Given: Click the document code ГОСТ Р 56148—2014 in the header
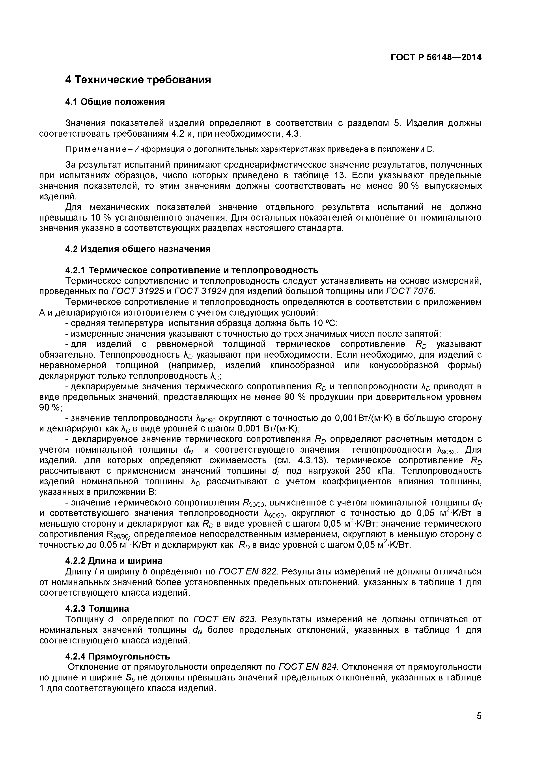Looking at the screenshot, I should pos(436,58).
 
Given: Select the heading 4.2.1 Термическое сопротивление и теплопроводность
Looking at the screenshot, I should pos(191,270).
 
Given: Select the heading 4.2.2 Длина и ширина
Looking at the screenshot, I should pos(114,561).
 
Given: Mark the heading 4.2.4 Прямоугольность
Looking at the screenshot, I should pos(118,656).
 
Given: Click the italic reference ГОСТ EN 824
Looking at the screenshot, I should pos(308,667).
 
